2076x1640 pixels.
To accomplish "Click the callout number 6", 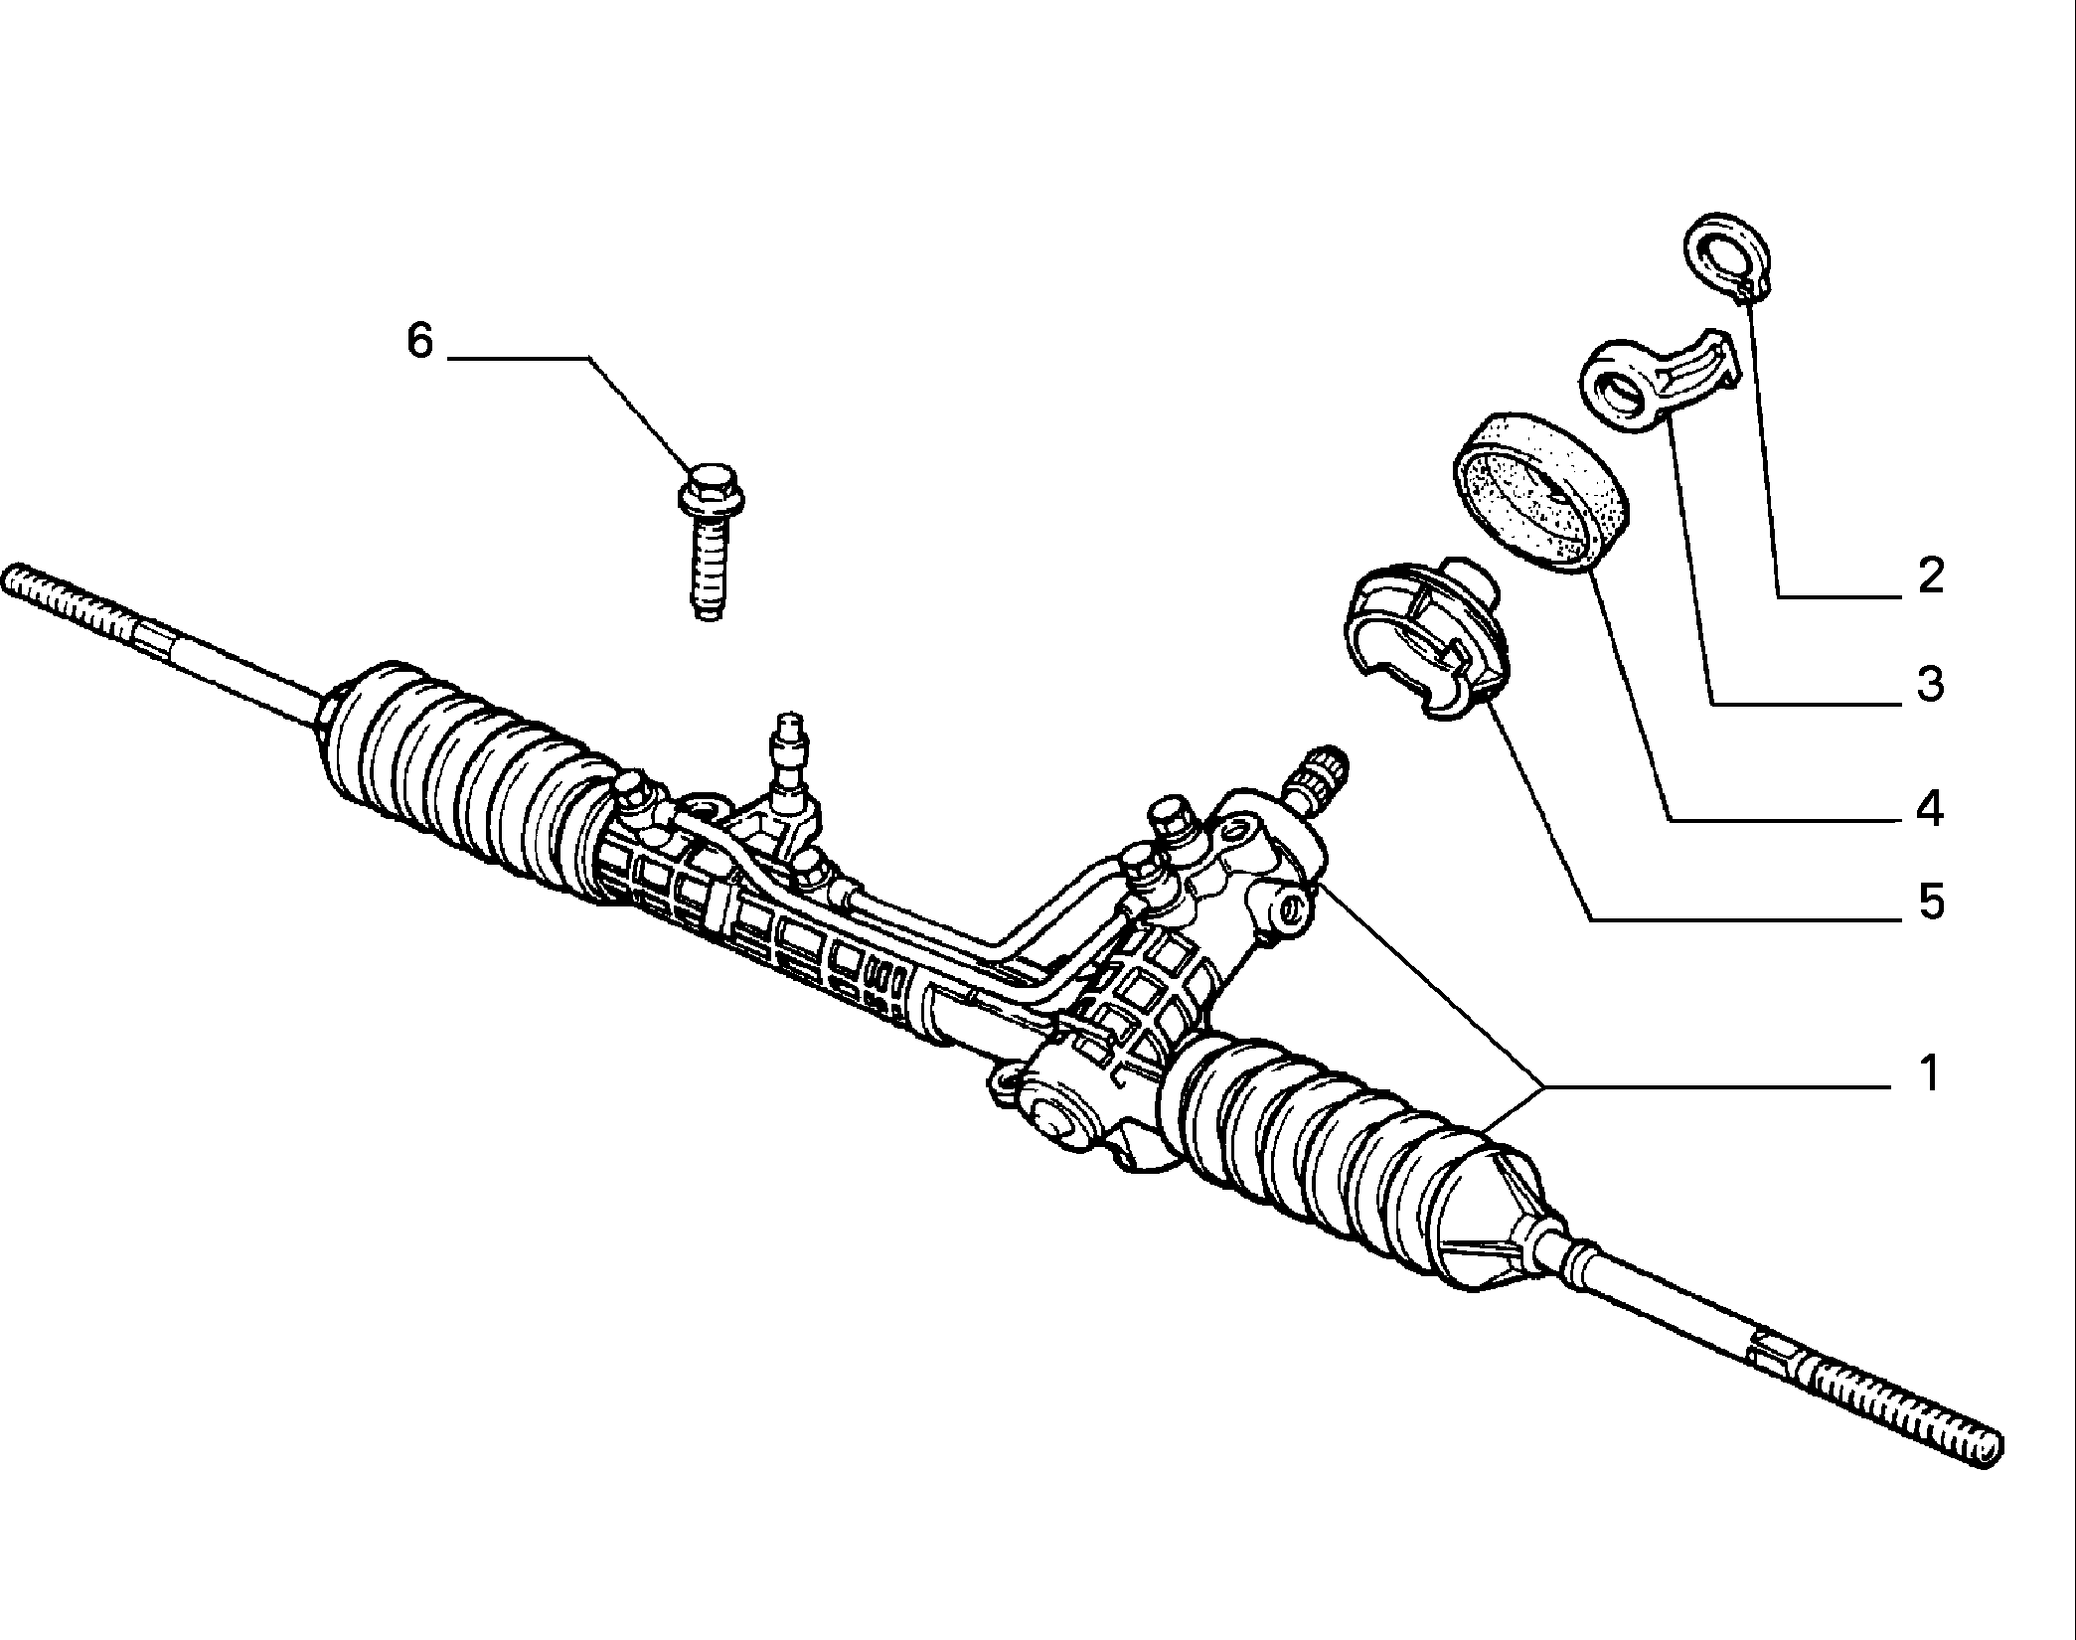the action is tap(420, 341).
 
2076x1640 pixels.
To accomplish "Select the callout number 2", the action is tap(1930, 575).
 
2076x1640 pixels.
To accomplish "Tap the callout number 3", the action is tap(1930, 684).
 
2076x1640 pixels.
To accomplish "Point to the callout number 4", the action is tap(1929, 809).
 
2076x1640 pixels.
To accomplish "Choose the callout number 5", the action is tap(1930, 902).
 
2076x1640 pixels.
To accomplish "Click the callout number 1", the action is tap(1929, 1073).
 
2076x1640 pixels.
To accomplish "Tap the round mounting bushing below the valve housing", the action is tap(1054, 1120).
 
